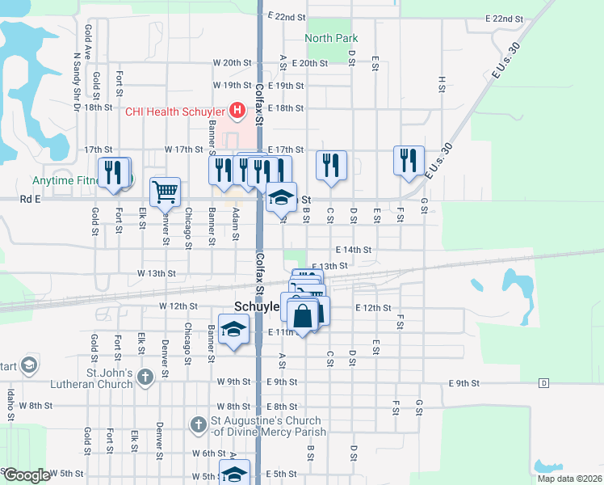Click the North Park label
click(331, 38)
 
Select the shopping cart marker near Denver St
click(165, 192)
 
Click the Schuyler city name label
click(257, 307)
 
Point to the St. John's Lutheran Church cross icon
click(145, 377)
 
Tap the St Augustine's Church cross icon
click(199, 424)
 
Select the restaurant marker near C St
click(332, 165)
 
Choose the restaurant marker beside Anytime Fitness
click(113, 171)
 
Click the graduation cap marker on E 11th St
click(233, 329)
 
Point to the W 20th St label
click(233, 62)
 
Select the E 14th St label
click(354, 251)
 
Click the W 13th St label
click(156, 273)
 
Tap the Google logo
click(26, 475)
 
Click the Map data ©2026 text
click(569, 479)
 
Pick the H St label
click(442, 82)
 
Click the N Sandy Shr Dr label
click(78, 74)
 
